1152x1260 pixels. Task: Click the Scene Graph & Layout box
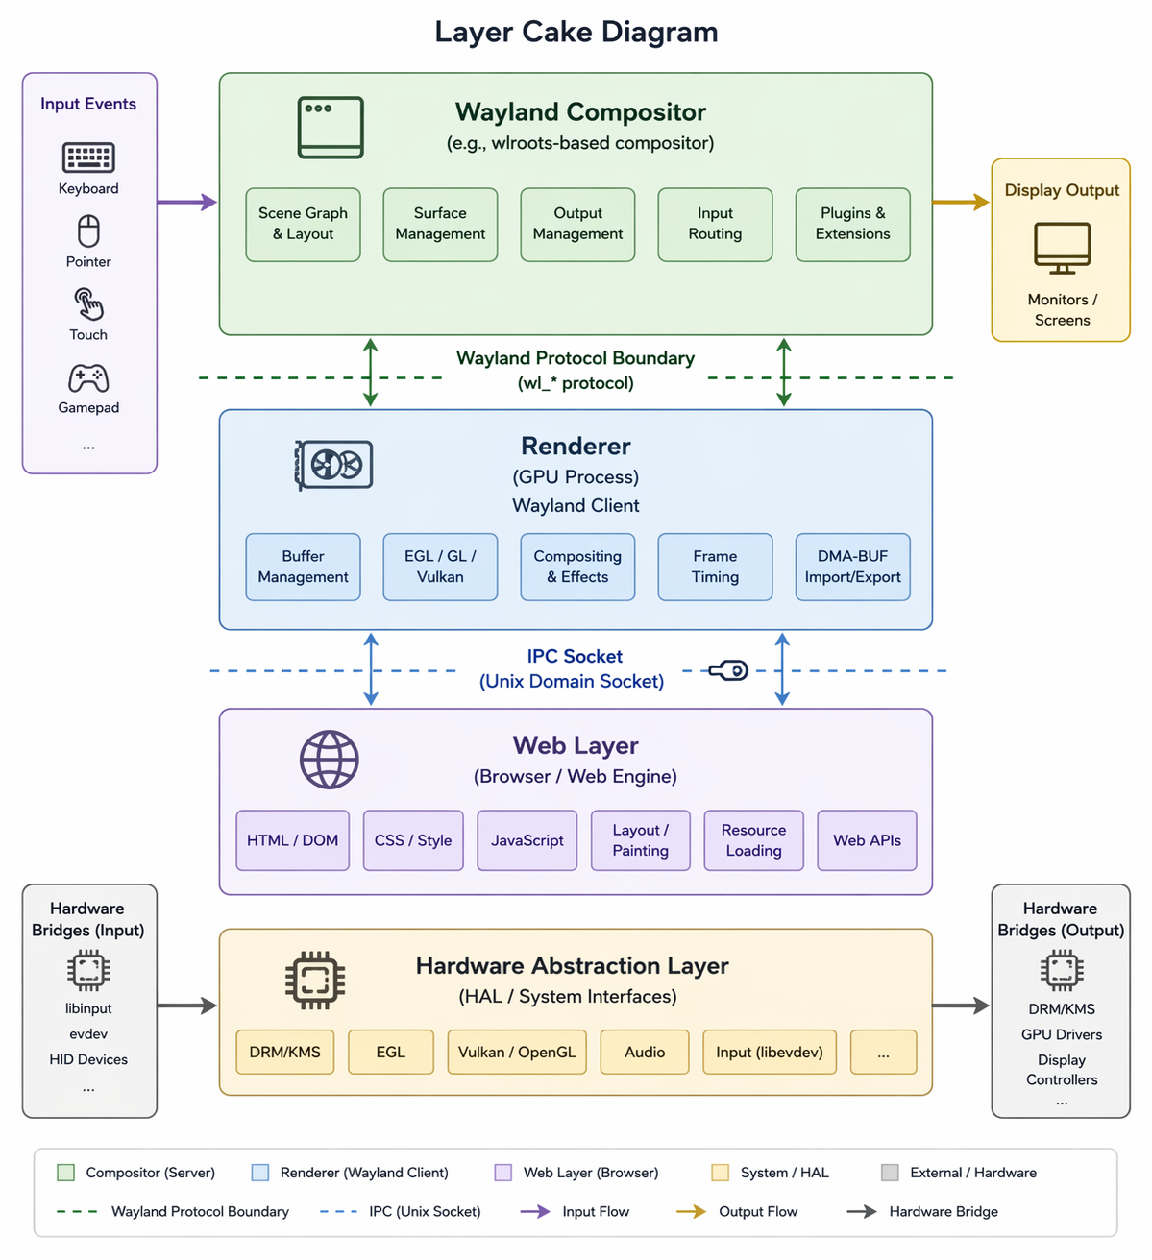[x=303, y=224]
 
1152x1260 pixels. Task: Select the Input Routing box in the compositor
[x=715, y=224]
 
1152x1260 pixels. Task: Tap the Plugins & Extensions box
[x=852, y=224]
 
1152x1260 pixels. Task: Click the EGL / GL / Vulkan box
[x=440, y=567]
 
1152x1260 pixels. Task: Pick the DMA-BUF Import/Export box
[x=852, y=567]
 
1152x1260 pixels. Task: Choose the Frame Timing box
[x=715, y=567]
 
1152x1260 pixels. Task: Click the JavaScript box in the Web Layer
[x=527, y=840]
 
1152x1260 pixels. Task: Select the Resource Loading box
[x=753, y=840]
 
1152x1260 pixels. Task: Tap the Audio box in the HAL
[x=645, y=1052]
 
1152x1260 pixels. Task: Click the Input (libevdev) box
[x=769, y=1052]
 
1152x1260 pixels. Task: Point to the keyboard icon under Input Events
[x=88, y=157]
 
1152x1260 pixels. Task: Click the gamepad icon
[x=88, y=378]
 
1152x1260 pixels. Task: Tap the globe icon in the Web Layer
[x=330, y=760]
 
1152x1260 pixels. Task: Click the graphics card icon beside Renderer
[x=334, y=466]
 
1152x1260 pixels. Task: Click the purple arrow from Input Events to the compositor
[x=186, y=202]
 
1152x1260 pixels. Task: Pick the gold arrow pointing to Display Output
[x=960, y=202]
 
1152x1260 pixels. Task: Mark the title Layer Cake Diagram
[x=576, y=32]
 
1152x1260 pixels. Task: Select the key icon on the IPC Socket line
[x=728, y=670]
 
